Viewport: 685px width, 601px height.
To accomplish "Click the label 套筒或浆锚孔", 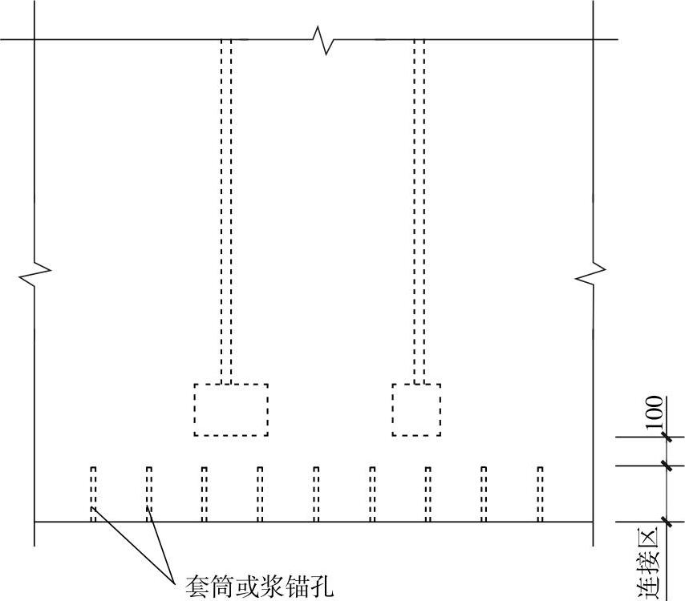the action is point(258,587).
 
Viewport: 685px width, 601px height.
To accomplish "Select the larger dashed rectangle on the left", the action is point(231,409).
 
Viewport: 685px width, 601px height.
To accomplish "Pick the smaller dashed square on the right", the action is point(416,409).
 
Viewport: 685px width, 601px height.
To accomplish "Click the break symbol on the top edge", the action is point(324,39).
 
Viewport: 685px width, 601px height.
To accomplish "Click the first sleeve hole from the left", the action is point(93,494).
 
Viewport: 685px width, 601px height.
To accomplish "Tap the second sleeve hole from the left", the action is point(149,494).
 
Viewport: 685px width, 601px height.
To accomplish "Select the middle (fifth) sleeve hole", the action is point(316,494).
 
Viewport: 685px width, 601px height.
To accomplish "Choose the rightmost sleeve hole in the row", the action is point(540,494).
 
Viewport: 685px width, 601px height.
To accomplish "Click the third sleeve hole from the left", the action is point(205,494).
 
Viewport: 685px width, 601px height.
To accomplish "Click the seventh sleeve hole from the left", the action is point(428,494).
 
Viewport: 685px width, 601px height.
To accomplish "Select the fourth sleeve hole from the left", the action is point(260,494).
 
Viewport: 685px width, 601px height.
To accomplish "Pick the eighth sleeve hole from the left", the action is point(484,494).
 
